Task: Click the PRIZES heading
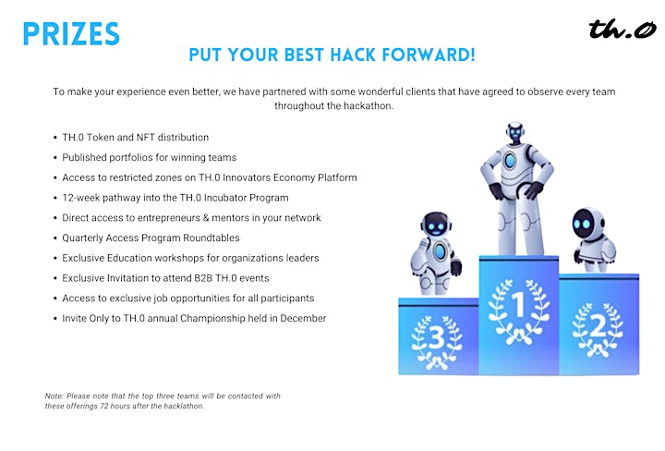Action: [x=71, y=34]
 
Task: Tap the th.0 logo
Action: [x=623, y=29]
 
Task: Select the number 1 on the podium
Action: [x=518, y=304]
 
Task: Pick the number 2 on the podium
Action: [x=598, y=326]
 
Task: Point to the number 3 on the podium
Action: [x=437, y=338]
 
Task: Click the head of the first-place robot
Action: [x=515, y=133]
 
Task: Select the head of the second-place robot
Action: [x=587, y=223]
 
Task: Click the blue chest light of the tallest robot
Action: [x=510, y=161]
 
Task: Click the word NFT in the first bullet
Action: [x=146, y=138]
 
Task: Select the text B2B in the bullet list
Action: [x=203, y=278]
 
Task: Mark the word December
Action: [x=303, y=318]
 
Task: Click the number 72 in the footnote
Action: [x=104, y=406]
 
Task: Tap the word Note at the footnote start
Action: [x=54, y=396]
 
